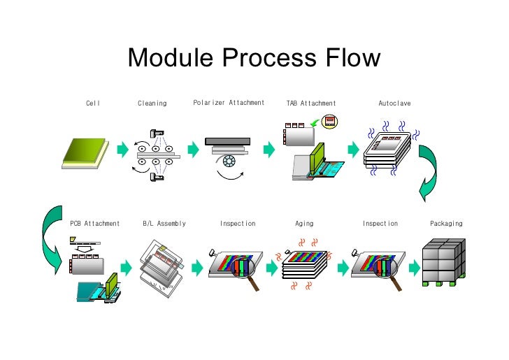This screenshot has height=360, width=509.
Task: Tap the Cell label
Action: click(93, 103)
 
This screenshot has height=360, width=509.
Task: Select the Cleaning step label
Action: click(152, 103)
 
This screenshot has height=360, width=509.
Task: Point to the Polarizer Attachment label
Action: click(229, 103)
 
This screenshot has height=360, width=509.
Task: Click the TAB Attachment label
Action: click(311, 103)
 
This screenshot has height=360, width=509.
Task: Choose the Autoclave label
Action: click(394, 103)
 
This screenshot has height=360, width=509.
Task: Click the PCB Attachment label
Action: click(95, 224)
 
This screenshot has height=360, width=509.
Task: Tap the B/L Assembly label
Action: click(164, 224)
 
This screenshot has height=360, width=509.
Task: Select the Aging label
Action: click(304, 224)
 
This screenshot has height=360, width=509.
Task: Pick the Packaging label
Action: click(446, 224)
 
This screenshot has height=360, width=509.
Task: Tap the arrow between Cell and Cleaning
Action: click(122, 148)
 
